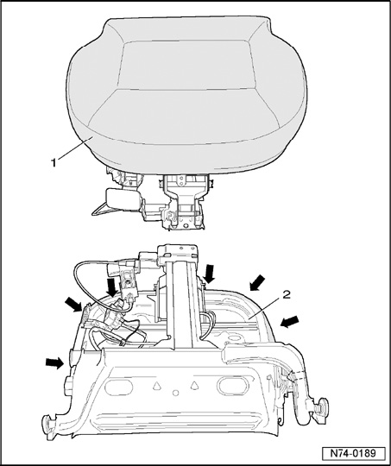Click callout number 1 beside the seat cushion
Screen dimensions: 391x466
pyautogui.click(x=54, y=163)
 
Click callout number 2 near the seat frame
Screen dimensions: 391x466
pyautogui.click(x=287, y=295)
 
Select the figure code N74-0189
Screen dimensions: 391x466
pyautogui.click(x=353, y=454)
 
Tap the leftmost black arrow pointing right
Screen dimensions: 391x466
pyautogui.click(x=55, y=362)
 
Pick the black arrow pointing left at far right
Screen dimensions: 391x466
pyautogui.click(x=290, y=322)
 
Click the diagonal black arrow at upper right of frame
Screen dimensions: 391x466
pyautogui.click(x=257, y=282)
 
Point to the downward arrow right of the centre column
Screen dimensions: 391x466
pyautogui.click(x=210, y=274)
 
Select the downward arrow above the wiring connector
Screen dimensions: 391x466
pyautogui.click(x=112, y=287)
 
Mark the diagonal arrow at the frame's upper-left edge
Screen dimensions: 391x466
pyautogui.click(x=73, y=305)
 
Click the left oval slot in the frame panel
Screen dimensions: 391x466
pyautogui.click(x=118, y=387)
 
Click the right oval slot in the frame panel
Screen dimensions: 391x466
pyautogui.click(x=233, y=385)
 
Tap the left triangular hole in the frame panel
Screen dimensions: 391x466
pyautogui.click(x=157, y=386)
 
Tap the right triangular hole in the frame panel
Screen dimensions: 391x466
pyautogui.click(x=194, y=385)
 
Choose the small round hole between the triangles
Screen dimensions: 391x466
pyautogui.click(x=176, y=393)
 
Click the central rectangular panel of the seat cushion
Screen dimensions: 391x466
pyautogui.click(x=186, y=65)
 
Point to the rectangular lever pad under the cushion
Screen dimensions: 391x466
pyautogui.click(x=123, y=198)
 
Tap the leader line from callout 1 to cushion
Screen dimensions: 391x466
pyautogui.click(x=73, y=148)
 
